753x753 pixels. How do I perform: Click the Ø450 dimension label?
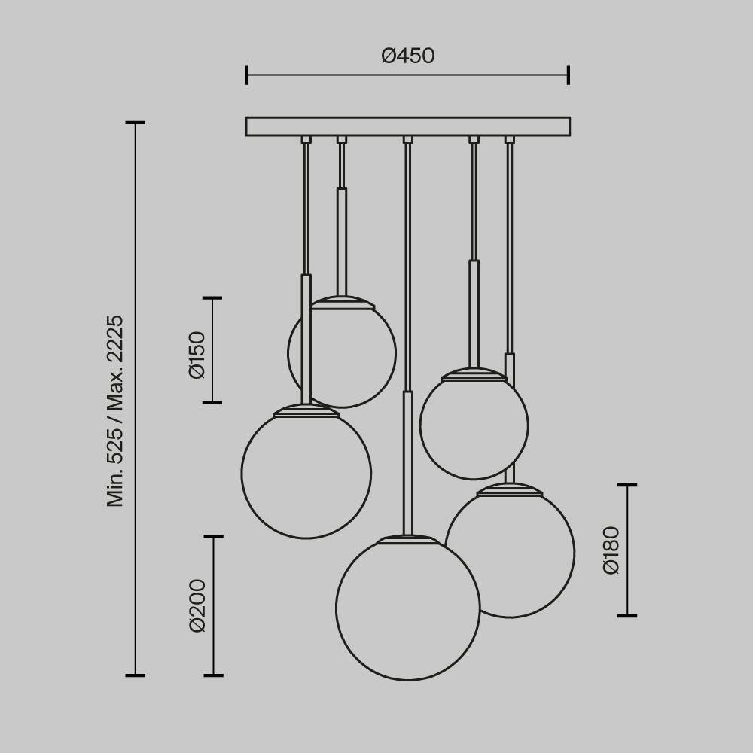coord(407,56)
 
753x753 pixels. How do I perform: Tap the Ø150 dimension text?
coord(197,354)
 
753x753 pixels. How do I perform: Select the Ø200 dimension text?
coord(197,605)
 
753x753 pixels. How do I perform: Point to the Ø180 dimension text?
coord(611,550)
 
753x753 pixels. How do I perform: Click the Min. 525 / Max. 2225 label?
coord(115,410)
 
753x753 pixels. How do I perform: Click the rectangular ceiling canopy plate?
coord(407,127)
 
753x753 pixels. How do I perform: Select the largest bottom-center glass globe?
coord(407,610)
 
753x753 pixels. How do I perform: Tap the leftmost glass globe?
coord(306,474)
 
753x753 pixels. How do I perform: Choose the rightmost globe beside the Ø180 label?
coord(527,557)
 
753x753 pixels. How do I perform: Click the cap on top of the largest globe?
coord(407,539)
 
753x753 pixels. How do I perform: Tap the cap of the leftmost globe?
coord(306,411)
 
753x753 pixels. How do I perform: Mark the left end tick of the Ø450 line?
coord(247,75)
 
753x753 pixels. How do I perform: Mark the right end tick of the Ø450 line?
coord(569,75)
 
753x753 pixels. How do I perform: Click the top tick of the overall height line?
coord(136,123)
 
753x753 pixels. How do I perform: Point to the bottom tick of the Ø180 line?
coord(627,616)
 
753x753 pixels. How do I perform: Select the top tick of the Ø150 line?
coord(212,298)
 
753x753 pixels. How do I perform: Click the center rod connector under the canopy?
coord(407,139)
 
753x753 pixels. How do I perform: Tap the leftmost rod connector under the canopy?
coord(306,139)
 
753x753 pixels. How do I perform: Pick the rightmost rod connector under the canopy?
coord(510,139)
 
